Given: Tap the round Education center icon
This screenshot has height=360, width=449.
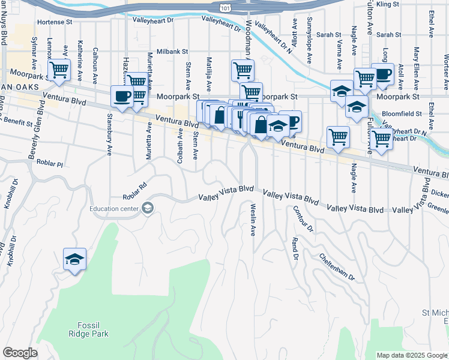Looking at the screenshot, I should pyautogui.click(x=147, y=208).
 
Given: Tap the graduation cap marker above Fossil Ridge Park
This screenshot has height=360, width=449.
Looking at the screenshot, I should pyautogui.click(x=74, y=259).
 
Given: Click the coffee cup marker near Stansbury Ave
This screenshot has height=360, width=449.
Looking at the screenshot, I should pyautogui.click(x=122, y=96).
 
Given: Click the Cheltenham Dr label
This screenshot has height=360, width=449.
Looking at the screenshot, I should pyautogui.click(x=337, y=267).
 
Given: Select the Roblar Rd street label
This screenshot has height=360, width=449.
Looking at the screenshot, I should pyautogui.click(x=134, y=192).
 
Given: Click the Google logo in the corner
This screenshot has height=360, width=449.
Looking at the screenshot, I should pyautogui.click(x=20, y=353).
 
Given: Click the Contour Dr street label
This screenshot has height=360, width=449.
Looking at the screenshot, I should pyautogui.click(x=303, y=219).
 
